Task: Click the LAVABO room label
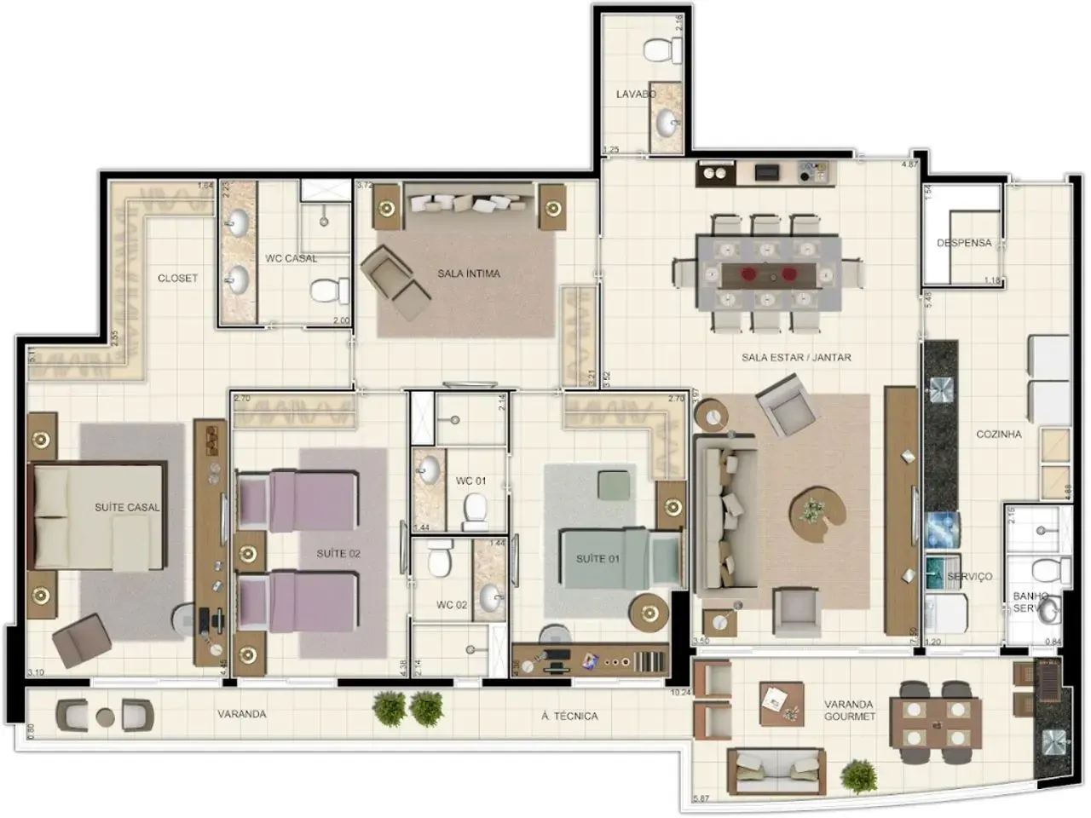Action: coord(635,94)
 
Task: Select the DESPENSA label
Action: coord(964,243)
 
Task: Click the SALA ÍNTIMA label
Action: coord(469,274)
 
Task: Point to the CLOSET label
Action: coord(177,278)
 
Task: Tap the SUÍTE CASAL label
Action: coord(127,507)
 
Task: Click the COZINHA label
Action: coord(998,434)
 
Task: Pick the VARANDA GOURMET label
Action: coord(849,711)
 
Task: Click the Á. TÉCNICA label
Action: coord(569,716)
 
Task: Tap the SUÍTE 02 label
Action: coord(338,553)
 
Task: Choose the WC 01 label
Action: coord(470,481)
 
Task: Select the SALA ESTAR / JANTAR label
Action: coord(796,357)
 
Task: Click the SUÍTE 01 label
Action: coord(597,559)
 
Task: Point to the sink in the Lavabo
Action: coord(667,124)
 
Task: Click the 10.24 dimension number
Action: coord(680,693)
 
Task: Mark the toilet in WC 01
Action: coord(474,510)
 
